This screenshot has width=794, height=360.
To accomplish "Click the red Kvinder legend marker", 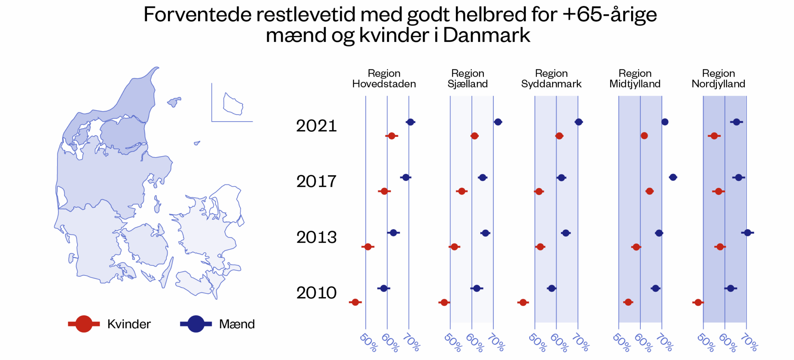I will pyautogui.click(x=84, y=324).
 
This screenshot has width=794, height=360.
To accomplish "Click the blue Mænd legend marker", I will pyautogui.click(x=196, y=324).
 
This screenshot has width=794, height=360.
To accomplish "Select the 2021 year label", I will pyautogui.click(x=316, y=126).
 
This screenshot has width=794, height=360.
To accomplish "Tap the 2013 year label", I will pyautogui.click(x=316, y=237).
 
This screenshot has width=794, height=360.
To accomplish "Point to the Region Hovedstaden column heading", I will pyautogui.click(x=384, y=79).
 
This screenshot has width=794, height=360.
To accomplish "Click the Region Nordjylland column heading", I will pyautogui.click(x=718, y=79).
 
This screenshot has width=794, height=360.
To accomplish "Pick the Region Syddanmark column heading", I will pyautogui.click(x=551, y=79).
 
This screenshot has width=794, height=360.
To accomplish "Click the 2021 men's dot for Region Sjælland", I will pyautogui.click(x=498, y=122).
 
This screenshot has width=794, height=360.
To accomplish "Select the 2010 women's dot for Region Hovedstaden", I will pyautogui.click(x=355, y=302).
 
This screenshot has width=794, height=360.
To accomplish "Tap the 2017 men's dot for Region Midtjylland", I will pyautogui.click(x=673, y=177).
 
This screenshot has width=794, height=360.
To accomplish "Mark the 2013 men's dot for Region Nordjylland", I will pyautogui.click(x=747, y=233).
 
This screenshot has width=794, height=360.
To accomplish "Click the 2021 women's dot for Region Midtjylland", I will pyautogui.click(x=644, y=136).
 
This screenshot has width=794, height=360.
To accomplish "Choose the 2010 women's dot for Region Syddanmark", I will pyautogui.click(x=523, y=302).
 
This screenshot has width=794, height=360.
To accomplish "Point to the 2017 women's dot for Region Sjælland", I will pyautogui.click(x=461, y=191).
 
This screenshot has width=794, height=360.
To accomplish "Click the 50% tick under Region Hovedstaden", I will pyautogui.click(x=368, y=343).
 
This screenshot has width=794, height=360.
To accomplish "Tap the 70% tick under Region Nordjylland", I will pyautogui.click(x=749, y=343).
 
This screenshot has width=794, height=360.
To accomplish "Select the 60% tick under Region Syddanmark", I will pyautogui.click(x=559, y=343).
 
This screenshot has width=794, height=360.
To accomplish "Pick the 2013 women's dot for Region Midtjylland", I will pyautogui.click(x=636, y=247).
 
